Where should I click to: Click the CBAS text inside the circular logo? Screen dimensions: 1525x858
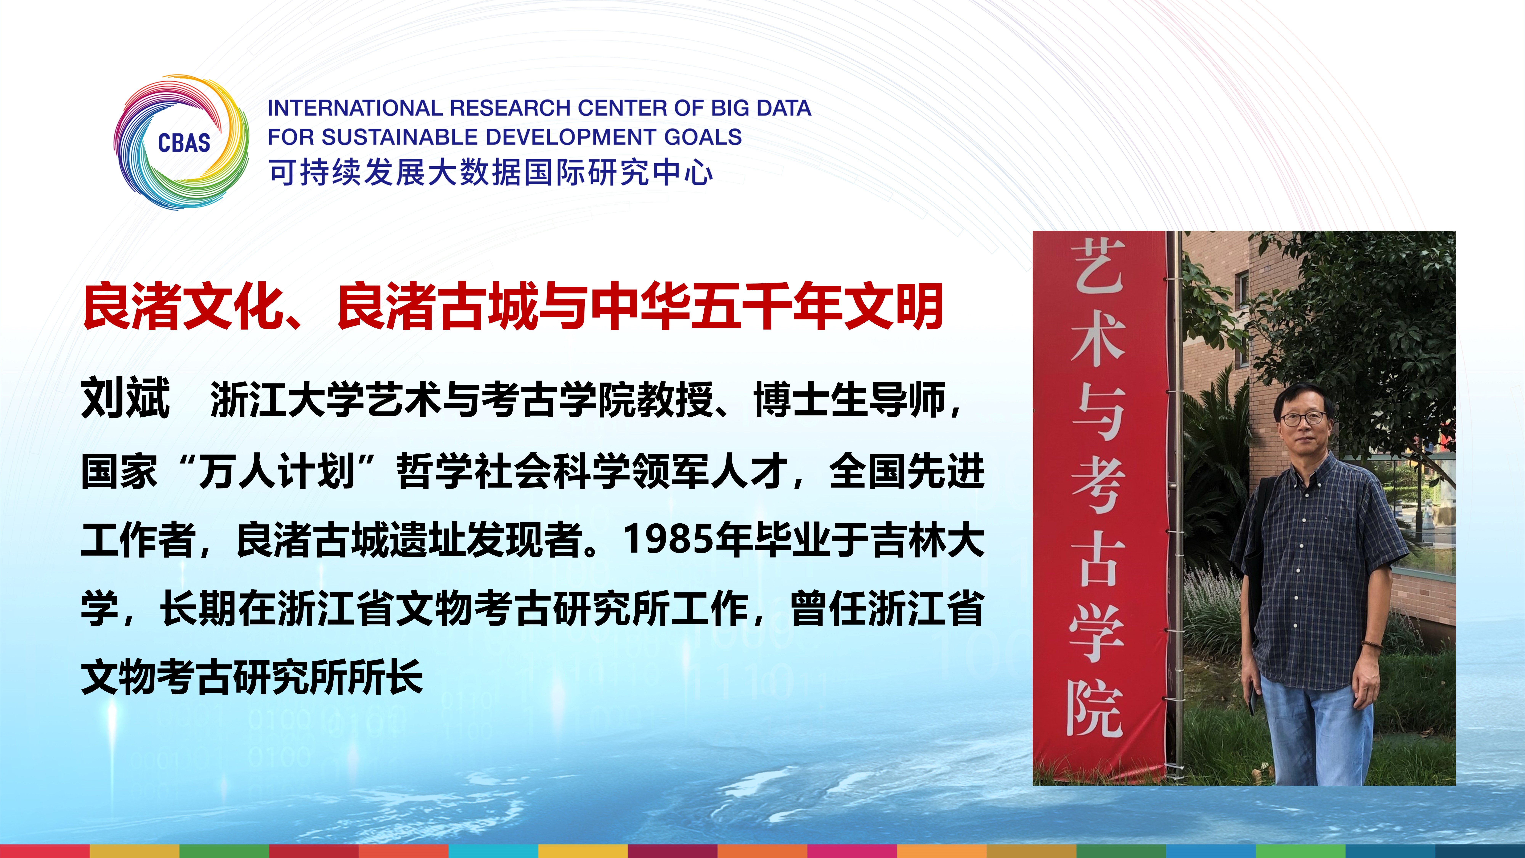point(184,143)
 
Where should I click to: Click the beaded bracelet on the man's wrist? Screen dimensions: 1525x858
point(1370,644)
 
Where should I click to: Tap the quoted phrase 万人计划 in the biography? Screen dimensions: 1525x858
point(276,472)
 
